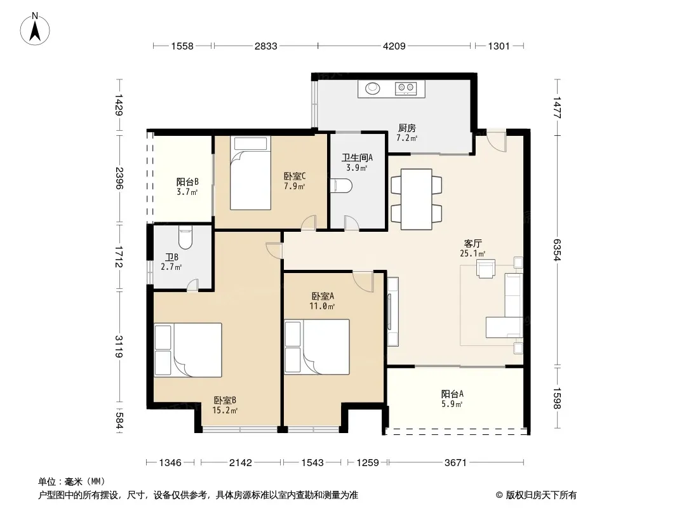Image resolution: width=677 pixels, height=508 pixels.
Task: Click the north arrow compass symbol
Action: (35, 29)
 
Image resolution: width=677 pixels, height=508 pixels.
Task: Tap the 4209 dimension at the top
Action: (394, 46)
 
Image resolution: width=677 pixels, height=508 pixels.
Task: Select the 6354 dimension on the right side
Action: (557, 250)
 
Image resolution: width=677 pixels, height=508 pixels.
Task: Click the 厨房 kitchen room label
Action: (406, 128)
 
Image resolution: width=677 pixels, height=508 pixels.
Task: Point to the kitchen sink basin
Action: (373, 88)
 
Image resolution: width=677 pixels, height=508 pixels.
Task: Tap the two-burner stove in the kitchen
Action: (406, 88)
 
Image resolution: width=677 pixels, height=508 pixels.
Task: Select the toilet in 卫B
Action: (185, 238)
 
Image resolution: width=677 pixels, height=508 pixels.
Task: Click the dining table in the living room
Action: (416, 199)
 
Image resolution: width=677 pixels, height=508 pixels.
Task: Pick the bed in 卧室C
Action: (250, 173)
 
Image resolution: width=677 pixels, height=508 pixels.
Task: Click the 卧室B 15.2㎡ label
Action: (225, 405)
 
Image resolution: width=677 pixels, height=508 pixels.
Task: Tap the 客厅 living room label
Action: (473, 243)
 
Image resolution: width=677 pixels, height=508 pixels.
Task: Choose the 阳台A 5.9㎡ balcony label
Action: (452, 399)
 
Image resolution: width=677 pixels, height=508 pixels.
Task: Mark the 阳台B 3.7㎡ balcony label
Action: (187, 187)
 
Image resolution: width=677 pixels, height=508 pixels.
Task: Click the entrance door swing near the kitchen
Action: (495, 140)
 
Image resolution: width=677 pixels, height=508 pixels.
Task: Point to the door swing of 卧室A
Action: (363, 281)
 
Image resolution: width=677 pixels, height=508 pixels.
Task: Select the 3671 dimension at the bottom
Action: (455, 463)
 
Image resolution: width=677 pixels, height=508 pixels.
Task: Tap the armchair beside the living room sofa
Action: (486, 268)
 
